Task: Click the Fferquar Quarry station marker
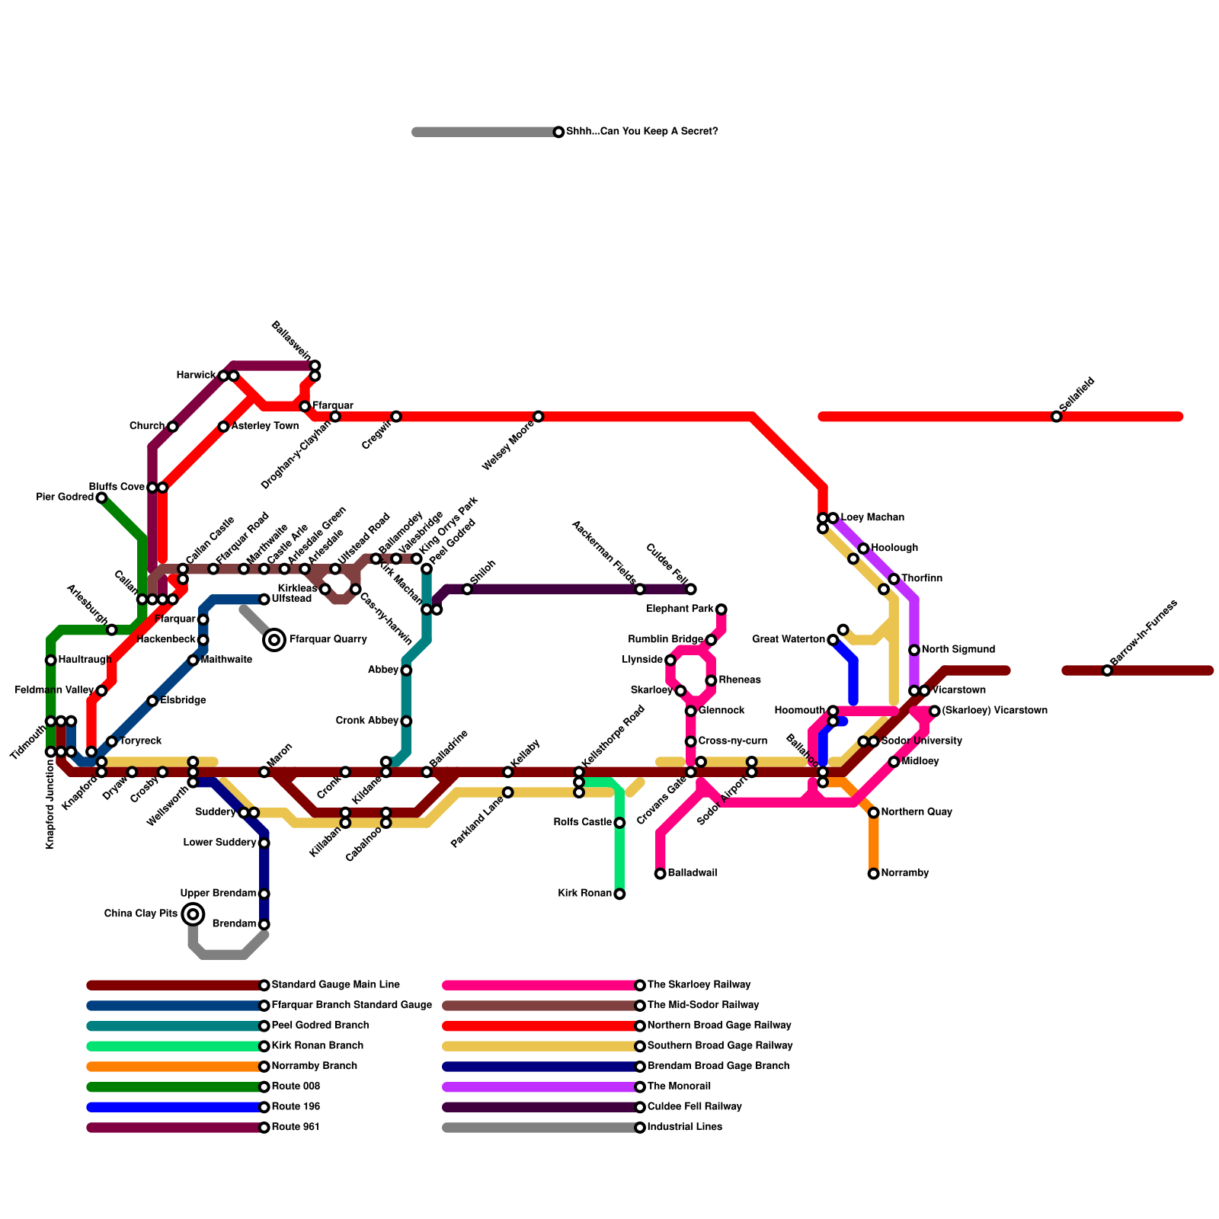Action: click(274, 640)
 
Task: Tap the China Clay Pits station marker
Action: click(194, 914)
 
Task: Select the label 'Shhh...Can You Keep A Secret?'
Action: click(641, 132)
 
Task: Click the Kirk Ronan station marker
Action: click(620, 894)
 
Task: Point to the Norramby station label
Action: click(905, 873)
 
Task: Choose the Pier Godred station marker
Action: click(101, 498)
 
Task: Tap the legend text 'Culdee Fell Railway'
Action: click(694, 1107)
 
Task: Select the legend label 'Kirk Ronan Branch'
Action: click(318, 1046)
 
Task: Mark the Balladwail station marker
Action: click(661, 874)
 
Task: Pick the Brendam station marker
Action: click(264, 925)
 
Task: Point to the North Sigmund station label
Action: click(958, 650)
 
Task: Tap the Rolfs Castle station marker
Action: click(620, 823)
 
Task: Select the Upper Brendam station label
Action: click(218, 894)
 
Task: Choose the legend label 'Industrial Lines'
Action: click(684, 1128)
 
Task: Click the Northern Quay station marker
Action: click(874, 813)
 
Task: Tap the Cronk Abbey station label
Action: click(367, 721)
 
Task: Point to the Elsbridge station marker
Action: click(152, 701)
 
